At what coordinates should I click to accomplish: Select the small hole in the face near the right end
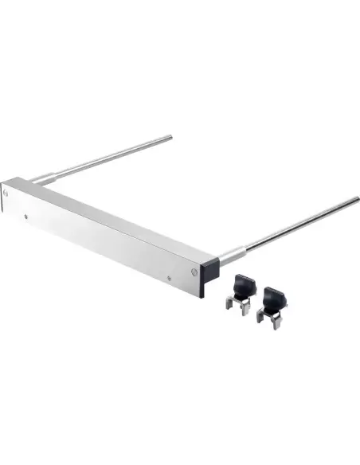[169, 278]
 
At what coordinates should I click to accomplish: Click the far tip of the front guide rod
[358, 199]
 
